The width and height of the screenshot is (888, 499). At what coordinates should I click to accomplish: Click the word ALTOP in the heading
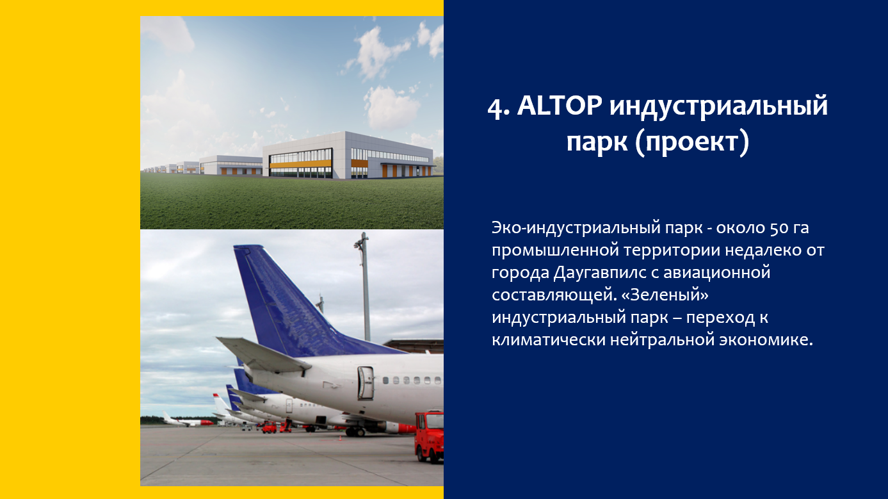click(x=560, y=106)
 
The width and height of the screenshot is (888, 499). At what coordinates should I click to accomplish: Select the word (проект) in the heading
click(x=691, y=142)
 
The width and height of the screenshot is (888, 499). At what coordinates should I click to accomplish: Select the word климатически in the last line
click(x=548, y=340)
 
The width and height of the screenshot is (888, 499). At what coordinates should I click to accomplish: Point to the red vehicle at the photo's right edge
click(x=429, y=436)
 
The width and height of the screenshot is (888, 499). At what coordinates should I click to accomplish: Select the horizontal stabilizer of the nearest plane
click(x=262, y=354)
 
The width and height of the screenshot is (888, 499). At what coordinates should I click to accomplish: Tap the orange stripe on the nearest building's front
click(x=300, y=164)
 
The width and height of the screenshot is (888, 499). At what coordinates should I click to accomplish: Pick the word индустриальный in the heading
click(x=718, y=107)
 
